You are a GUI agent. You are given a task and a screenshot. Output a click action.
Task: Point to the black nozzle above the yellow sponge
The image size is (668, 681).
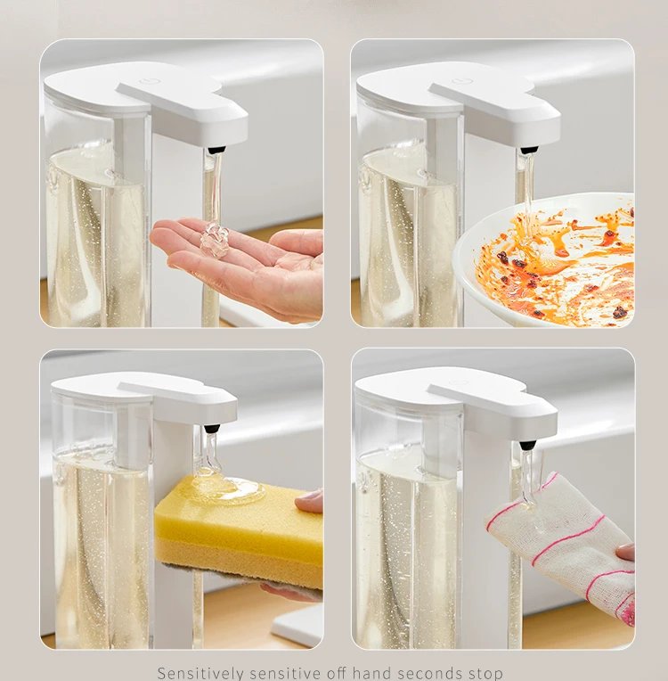(210, 429)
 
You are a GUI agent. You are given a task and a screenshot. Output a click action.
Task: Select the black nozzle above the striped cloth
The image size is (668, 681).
(527, 444)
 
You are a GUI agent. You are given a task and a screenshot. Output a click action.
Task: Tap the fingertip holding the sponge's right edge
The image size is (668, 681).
(311, 502)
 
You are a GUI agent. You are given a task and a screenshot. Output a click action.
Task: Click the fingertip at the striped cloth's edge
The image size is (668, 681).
(625, 553)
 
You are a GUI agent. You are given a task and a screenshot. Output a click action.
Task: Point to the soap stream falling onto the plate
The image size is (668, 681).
(526, 192)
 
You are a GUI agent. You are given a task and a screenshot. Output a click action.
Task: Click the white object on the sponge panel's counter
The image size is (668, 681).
(298, 624)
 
